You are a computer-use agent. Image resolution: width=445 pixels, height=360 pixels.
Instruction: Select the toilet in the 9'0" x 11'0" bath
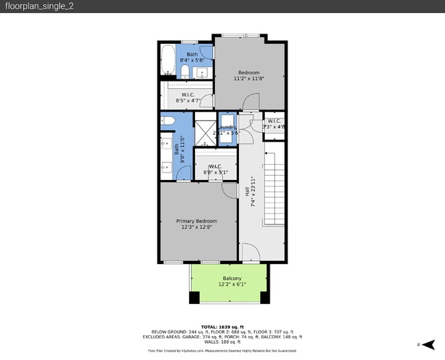pos(169,122)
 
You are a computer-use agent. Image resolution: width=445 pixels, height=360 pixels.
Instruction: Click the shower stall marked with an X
pos(205,133)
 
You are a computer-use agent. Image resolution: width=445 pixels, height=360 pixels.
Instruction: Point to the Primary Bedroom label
pos(196,221)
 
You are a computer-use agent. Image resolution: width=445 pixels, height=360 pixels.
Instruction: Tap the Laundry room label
pos(228,127)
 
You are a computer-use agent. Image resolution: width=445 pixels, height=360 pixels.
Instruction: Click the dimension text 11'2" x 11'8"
pos(249,79)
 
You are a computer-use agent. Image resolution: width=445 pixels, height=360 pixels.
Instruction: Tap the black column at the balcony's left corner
pos(194,298)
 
